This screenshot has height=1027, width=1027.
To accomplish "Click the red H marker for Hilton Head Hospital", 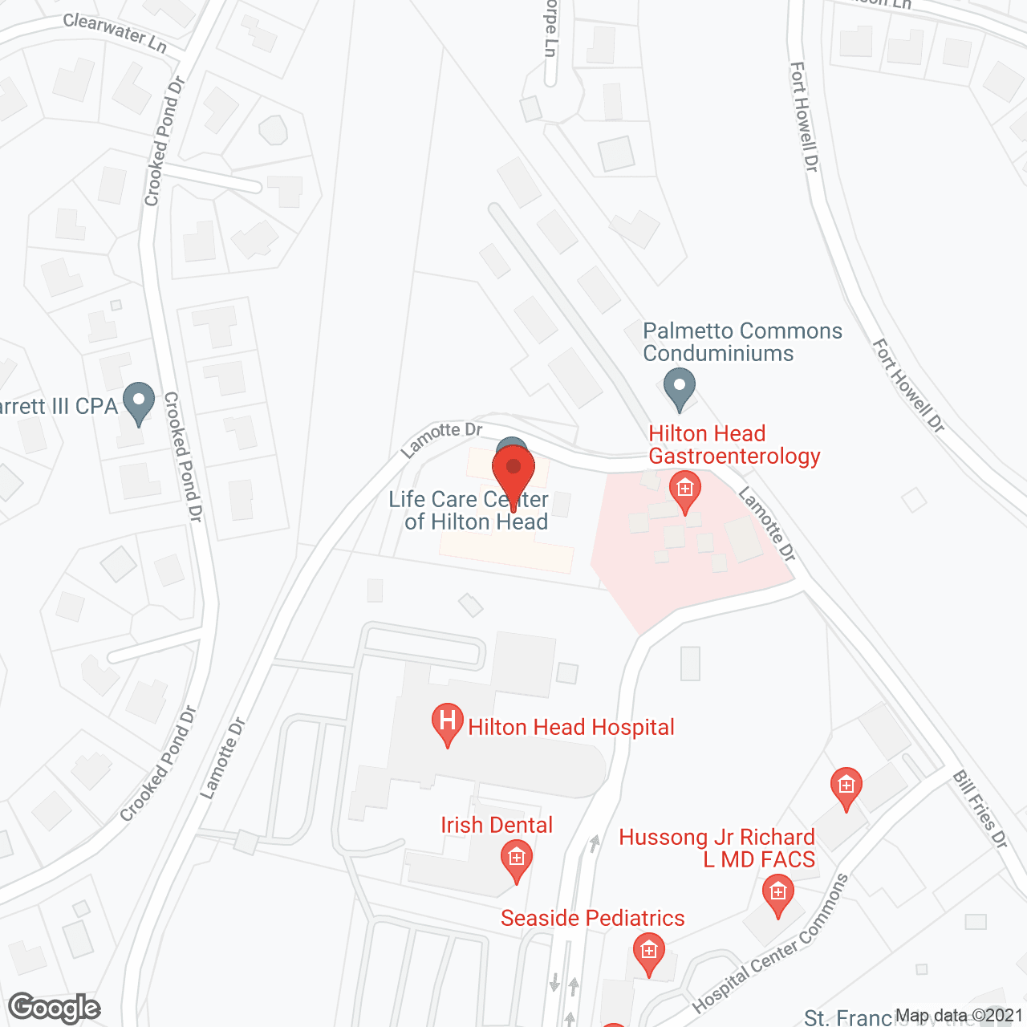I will [448, 722].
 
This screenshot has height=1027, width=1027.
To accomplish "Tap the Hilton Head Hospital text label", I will [570, 727].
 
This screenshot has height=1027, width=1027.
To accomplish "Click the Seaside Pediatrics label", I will [592, 918].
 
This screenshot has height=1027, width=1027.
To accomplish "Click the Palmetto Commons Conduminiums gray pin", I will [680, 388].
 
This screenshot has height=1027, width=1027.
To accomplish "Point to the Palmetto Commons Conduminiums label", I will [742, 342].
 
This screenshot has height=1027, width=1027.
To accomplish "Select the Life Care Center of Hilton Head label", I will [469, 510].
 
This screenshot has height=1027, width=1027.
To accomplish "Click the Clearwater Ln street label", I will [115, 32].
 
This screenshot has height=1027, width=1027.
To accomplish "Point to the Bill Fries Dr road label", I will [980, 809].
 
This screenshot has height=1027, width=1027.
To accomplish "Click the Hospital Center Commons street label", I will [771, 944].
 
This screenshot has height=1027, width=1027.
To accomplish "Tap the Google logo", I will [55, 1008].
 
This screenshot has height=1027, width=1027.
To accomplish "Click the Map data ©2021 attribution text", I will [959, 1016].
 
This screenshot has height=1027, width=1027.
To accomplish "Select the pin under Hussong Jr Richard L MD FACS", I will [777, 894].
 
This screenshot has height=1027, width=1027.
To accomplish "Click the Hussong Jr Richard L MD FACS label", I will [717, 848].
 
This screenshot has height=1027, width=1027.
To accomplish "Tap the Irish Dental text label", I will [497, 825].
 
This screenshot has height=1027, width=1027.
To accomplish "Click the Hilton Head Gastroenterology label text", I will [733, 444].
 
